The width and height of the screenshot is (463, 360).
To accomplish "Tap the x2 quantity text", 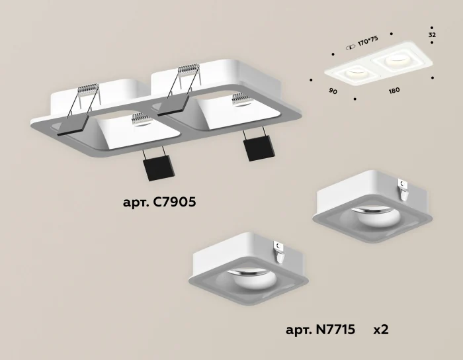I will pyautogui.click(x=381, y=329).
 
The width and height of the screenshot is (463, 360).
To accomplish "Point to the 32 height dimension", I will pyautogui.click(x=432, y=34).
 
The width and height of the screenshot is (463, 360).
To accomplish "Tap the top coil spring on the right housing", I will pyautogui.click(x=186, y=69).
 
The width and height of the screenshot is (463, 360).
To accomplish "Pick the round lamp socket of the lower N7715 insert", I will pyautogui.click(x=248, y=279).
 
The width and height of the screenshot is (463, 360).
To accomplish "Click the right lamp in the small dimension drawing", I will pyautogui.click(x=398, y=62).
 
